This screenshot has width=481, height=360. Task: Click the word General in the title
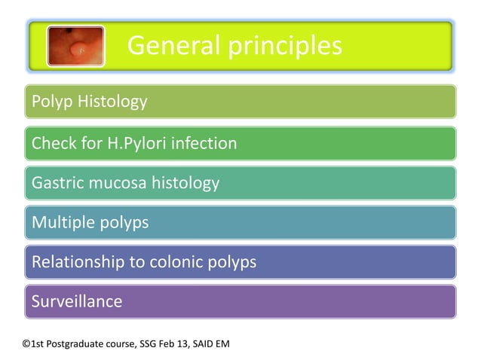(x=165, y=46)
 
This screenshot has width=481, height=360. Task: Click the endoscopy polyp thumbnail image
(x=75, y=47)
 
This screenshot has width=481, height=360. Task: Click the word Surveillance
(x=76, y=302)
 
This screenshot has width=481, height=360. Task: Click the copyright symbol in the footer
(x=26, y=344)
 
